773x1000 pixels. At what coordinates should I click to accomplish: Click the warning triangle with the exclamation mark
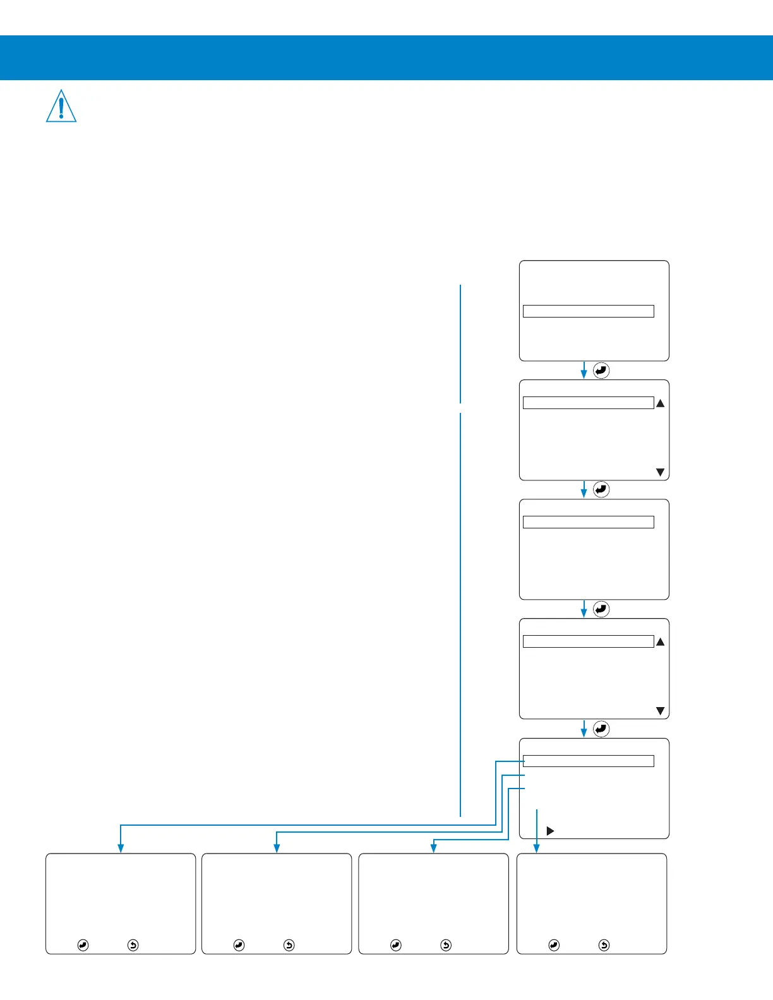pos(61,106)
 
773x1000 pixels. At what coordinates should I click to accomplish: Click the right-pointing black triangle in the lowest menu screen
pos(550,831)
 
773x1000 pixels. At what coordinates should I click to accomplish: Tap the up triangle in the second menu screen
pos(661,403)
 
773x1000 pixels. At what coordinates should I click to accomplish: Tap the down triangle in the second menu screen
pos(661,472)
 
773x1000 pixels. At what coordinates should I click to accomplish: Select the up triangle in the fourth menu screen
pos(661,642)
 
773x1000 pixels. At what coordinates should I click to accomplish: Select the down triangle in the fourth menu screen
pos(661,711)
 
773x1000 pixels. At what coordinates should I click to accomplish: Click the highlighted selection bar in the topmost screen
pos(588,311)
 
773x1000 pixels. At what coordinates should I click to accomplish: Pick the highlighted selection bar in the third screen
pos(588,522)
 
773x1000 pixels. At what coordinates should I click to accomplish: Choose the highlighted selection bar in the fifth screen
pos(588,761)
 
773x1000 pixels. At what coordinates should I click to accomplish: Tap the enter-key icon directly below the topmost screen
pos(601,371)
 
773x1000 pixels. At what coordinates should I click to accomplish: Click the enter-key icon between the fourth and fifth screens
pos(601,729)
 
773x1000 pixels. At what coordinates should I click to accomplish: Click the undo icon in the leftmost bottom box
pos(133,945)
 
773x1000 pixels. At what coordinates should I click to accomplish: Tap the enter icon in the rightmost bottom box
pos(554,945)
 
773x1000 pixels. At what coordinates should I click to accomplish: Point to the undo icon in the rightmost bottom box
pos(604,945)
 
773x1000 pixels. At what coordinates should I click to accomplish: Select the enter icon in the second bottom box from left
pos(239,945)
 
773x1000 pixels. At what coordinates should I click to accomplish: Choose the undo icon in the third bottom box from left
pos(446,945)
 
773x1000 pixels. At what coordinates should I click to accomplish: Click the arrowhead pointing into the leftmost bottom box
pos(121,848)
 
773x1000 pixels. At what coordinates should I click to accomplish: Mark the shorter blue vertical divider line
pos(460,343)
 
